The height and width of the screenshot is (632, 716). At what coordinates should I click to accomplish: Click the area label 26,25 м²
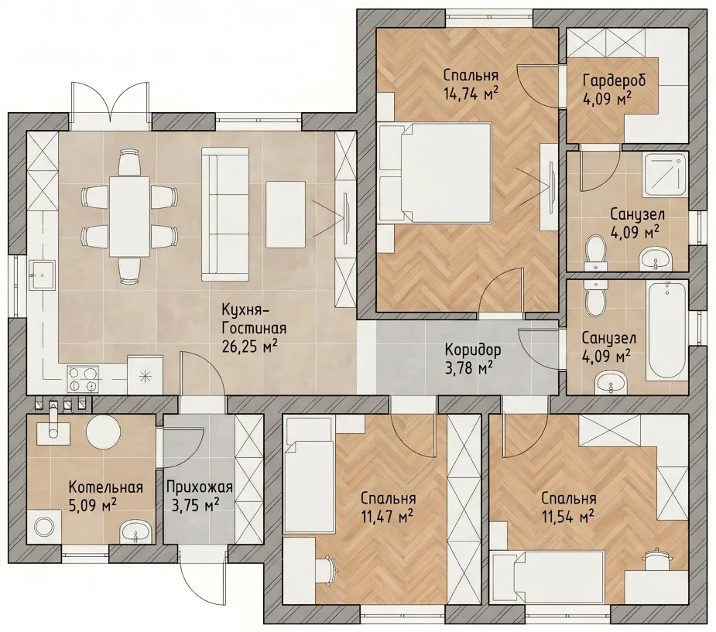pos(250,347)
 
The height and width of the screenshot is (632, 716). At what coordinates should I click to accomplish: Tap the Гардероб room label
pos(614,80)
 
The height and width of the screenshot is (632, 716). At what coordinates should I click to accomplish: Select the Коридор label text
pos(473,350)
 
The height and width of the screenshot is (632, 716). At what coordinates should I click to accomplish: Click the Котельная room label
pos(105,487)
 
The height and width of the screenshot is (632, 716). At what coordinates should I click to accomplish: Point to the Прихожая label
pos(199,487)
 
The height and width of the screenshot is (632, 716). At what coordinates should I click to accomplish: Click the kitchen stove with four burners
pos(83,379)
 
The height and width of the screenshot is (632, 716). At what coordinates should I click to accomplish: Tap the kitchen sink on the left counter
pos(42,275)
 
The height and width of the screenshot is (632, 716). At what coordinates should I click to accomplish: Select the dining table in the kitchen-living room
pos(129,217)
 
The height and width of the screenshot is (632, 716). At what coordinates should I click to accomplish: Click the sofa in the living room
pos(225,214)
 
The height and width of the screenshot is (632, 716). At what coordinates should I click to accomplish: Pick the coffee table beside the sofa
pos(286,214)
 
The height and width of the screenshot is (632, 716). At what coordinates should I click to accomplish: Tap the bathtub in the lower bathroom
pos(666,331)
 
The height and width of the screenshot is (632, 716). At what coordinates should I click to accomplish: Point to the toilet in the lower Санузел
pos(595,299)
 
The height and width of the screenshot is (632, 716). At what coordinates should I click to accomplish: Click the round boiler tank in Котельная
pos(104,432)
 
